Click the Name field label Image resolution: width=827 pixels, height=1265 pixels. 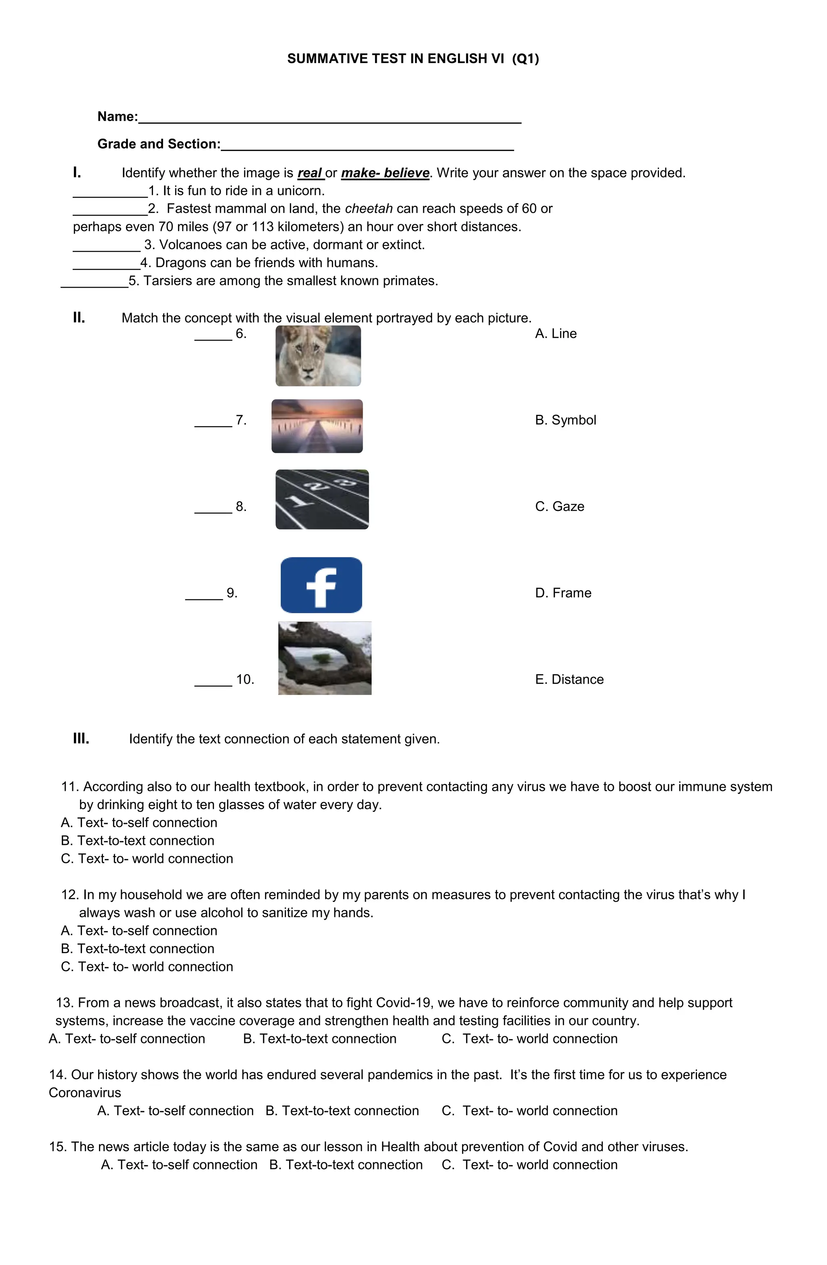point(118,116)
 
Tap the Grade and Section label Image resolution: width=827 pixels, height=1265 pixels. point(158,144)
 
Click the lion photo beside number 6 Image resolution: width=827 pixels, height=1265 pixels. point(318,355)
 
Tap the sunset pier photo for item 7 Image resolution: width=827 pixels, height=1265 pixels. point(317,426)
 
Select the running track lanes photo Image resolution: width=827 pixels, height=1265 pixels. point(321,499)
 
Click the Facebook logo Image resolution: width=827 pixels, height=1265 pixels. point(321,585)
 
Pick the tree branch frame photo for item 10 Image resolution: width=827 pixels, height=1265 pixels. point(324,658)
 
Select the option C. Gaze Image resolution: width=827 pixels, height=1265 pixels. point(559,506)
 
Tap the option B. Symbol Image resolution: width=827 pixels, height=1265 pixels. point(565,420)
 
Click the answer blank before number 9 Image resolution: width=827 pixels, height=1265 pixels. point(204,595)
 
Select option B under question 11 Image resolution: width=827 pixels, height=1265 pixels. point(137,841)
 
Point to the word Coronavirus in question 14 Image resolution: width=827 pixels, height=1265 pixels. point(85,1093)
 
